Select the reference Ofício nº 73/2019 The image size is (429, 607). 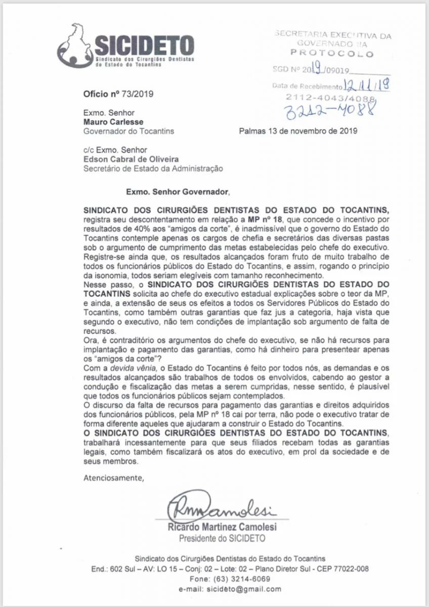point(118,94)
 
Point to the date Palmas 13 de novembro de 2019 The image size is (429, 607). point(298,131)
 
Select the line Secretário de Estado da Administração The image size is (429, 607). point(153,168)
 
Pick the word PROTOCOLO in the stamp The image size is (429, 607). point(331,54)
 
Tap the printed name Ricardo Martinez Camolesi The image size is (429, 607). point(222,528)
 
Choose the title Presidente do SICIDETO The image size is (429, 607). point(222,538)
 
